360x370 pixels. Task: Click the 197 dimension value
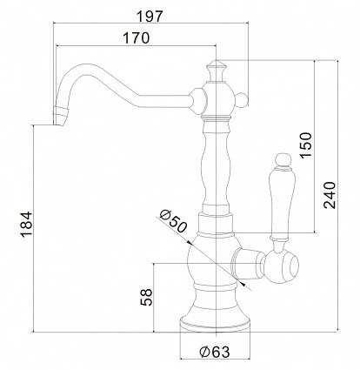pyautogui.click(x=150, y=17)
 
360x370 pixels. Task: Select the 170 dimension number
pyautogui.click(x=137, y=37)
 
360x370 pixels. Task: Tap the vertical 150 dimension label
pyautogui.click(x=306, y=145)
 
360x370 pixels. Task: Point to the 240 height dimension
pyautogui.click(x=330, y=195)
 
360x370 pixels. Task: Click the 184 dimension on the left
pyautogui.click(x=26, y=225)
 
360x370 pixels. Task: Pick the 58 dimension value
pyautogui.click(x=146, y=297)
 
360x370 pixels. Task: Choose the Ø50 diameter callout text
pyautogui.click(x=173, y=221)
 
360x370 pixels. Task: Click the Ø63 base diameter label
pyautogui.click(x=215, y=352)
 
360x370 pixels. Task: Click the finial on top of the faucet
pyautogui.click(x=217, y=71)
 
